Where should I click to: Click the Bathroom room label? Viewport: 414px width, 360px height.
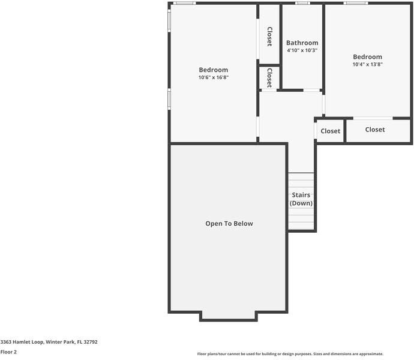pyautogui.click(x=302, y=43)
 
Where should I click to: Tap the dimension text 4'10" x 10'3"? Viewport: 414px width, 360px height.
pyautogui.click(x=302, y=50)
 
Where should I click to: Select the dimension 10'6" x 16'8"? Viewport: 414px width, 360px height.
pyautogui.click(x=214, y=77)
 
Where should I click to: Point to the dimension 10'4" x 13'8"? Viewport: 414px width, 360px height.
pyautogui.click(x=367, y=64)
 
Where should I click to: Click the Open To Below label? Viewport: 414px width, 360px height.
pyautogui.click(x=229, y=224)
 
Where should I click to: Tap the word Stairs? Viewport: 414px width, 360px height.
pyautogui.click(x=301, y=195)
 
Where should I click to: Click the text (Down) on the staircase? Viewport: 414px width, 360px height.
pyautogui.click(x=301, y=203)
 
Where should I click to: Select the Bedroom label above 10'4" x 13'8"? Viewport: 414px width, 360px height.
pyautogui.click(x=367, y=56)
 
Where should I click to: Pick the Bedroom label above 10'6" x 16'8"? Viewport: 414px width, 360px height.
pyautogui.click(x=214, y=70)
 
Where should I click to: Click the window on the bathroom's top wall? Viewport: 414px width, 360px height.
pyautogui.click(x=302, y=4)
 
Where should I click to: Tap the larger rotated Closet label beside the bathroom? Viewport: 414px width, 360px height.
pyautogui.click(x=269, y=36)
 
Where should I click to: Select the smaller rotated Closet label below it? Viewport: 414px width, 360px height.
pyautogui.click(x=269, y=77)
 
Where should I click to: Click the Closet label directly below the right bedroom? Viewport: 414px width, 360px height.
pyautogui.click(x=375, y=130)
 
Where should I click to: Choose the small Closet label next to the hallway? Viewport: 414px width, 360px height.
pyautogui.click(x=330, y=131)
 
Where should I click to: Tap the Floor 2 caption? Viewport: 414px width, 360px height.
pyautogui.click(x=9, y=352)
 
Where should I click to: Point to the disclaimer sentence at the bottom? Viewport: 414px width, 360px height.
pyautogui.click(x=290, y=354)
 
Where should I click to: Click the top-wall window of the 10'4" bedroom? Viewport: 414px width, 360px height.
pyautogui.click(x=356, y=4)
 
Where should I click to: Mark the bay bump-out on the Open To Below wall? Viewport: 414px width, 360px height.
pyautogui.click(x=229, y=316)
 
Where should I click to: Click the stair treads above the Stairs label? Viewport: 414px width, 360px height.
pyautogui.click(x=301, y=181)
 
